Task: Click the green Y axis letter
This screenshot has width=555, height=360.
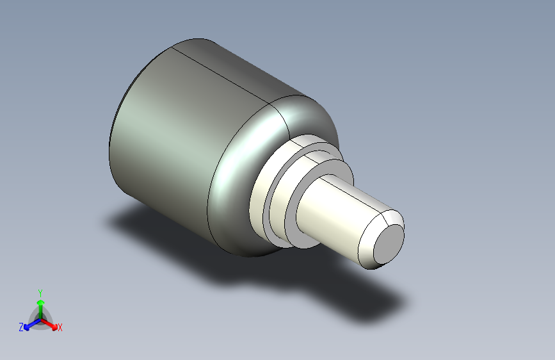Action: [x=40, y=291]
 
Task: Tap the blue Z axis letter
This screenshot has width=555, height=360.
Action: [x=21, y=327]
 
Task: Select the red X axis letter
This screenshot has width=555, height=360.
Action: [x=60, y=327]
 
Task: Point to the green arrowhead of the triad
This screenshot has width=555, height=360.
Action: [x=40, y=302]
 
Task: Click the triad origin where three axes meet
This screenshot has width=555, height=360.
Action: [x=40, y=318]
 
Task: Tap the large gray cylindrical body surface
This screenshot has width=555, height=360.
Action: [x=173, y=141]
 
